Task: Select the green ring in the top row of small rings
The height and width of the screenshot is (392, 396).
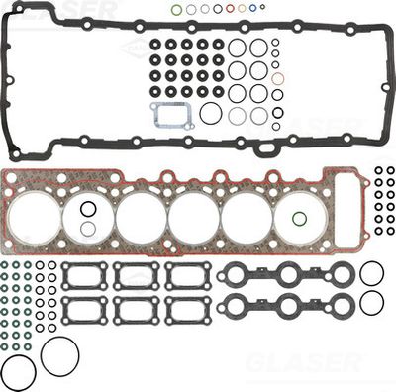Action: [x=176, y=10]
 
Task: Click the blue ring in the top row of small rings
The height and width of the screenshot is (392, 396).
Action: [x=251, y=9]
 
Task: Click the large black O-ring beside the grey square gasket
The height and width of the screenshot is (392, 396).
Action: [x=210, y=114]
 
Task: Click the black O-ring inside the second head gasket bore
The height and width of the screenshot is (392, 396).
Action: [x=87, y=209]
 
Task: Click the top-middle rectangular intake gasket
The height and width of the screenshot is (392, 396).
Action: [x=136, y=275]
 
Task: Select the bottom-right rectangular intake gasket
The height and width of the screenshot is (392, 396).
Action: [x=188, y=309]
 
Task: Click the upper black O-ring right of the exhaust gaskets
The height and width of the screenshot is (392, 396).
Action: [x=371, y=273]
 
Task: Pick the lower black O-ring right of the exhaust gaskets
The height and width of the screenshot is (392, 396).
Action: [x=371, y=303]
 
